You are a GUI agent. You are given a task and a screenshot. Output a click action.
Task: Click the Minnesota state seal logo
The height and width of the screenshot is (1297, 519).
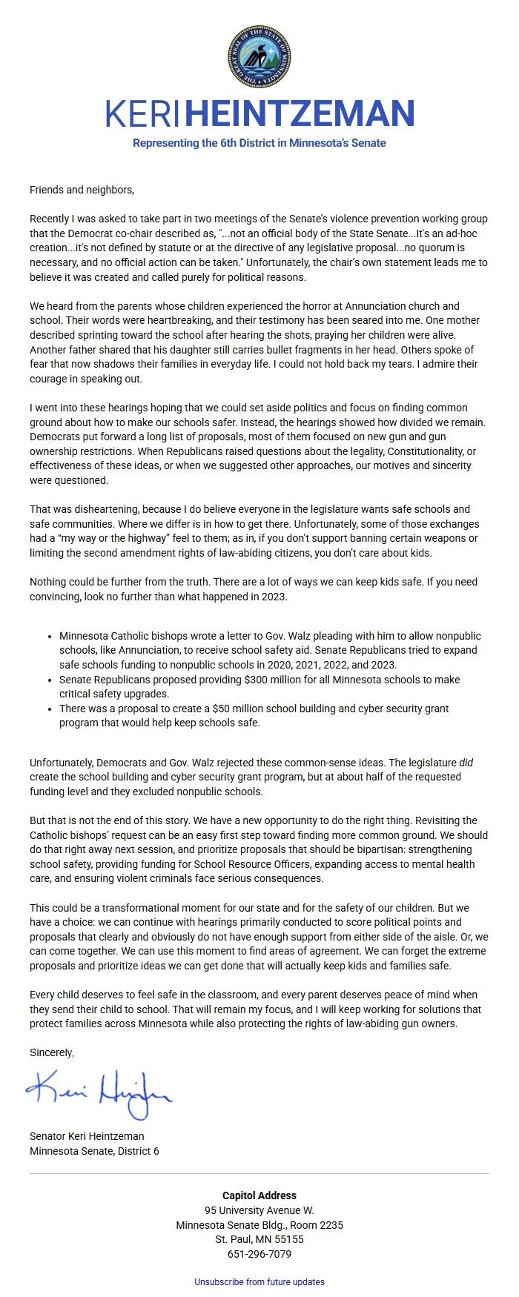pyautogui.click(x=259, y=57)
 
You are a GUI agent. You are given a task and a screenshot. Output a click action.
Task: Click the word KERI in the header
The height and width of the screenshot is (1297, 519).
pyautogui.click(x=143, y=114)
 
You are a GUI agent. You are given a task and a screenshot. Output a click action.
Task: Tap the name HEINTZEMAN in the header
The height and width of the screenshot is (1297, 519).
pyautogui.click(x=299, y=114)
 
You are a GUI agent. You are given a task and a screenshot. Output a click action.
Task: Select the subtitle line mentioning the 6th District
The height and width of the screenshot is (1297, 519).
pyautogui.click(x=259, y=143)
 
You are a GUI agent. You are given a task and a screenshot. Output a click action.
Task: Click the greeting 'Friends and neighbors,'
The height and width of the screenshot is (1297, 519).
pyautogui.click(x=82, y=190)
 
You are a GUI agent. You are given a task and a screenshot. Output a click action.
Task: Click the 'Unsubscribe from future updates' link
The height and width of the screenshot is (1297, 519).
pyautogui.click(x=259, y=1281)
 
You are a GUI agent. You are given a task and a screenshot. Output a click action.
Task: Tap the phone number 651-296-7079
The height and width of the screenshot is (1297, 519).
pyautogui.click(x=259, y=1254)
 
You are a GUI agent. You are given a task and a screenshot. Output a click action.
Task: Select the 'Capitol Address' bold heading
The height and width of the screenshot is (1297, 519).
pyautogui.click(x=259, y=1195)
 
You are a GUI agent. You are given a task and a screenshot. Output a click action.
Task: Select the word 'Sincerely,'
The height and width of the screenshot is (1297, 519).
pyautogui.click(x=52, y=1052)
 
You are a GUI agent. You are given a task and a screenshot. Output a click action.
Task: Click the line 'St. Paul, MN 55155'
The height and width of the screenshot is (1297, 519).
pyautogui.click(x=259, y=1239)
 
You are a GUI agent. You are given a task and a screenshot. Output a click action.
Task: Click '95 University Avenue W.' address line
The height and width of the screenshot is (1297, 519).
pyautogui.click(x=259, y=1210)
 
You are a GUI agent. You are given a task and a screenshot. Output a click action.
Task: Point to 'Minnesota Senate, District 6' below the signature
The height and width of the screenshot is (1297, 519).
pyautogui.click(x=94, y=1151)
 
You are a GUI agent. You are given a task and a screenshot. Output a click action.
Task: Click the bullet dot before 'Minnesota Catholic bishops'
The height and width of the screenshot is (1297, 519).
pyautogui.click(x=50, y=636)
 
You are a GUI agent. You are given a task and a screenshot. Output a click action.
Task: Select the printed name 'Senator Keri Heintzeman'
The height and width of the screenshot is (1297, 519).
pyautogui.click(x=87, y=1136)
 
